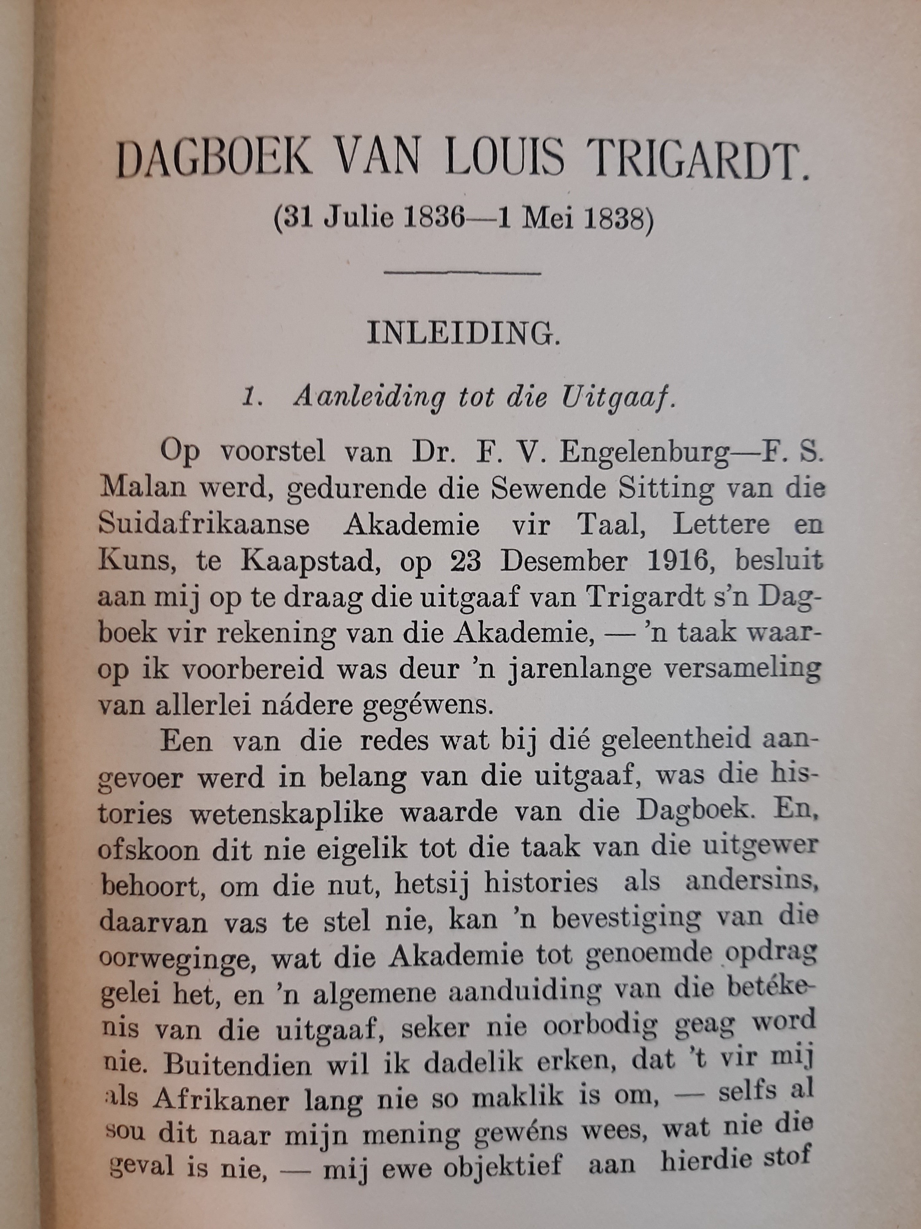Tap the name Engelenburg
point(644,454)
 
